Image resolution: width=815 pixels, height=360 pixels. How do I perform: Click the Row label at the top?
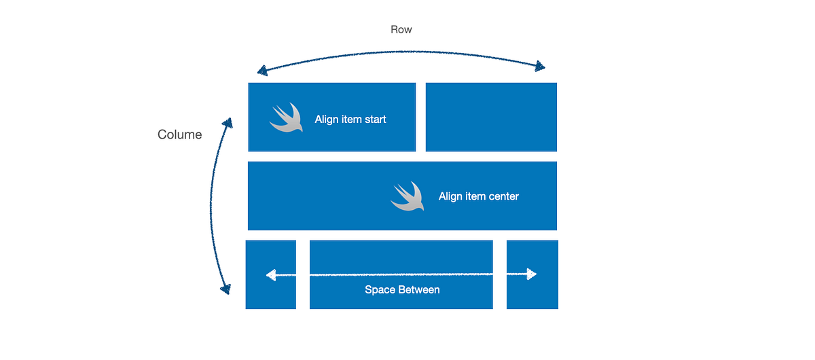401,29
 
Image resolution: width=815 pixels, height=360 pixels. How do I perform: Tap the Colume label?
179,134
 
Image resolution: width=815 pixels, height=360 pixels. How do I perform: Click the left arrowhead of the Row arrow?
262,71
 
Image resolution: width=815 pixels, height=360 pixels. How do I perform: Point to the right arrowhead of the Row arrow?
540,67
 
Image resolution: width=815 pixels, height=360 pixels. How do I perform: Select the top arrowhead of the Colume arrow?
228,123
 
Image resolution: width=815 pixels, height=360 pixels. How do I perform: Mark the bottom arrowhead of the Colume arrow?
226,289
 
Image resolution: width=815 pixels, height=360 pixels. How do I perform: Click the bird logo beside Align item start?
286,118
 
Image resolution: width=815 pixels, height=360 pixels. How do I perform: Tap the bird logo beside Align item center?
407,196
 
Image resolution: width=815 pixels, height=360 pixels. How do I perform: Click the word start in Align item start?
375,120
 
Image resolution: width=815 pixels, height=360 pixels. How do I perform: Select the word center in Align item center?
503,196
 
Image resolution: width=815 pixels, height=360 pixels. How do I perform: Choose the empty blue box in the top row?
491,118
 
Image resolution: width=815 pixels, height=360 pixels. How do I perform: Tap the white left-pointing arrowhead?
271,275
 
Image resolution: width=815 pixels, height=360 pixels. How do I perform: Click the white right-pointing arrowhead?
532,274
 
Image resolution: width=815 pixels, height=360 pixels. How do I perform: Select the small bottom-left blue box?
271,275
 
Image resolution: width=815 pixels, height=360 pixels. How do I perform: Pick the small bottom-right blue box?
532,275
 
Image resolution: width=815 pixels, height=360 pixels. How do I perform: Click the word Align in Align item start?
327,120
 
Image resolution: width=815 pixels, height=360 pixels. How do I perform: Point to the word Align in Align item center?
450,196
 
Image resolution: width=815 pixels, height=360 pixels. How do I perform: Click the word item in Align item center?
475,196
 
